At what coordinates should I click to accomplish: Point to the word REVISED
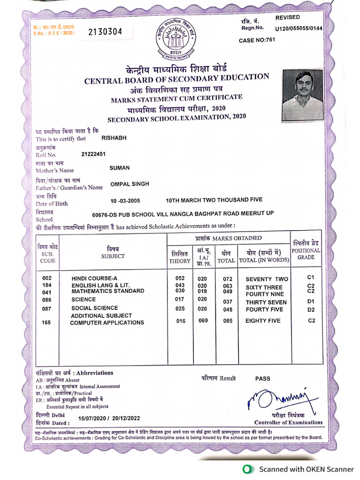pyautogui.click(x=287, y=17)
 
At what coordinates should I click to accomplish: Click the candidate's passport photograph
pyautogui.click(x=303, y=95)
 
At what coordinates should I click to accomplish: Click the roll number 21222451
pyautogui.click(x=94, y=154)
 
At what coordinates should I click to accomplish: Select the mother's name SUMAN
pyautogui.click(x=120, y=168)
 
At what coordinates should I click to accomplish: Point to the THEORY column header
pyautogui.click(x=180, y=261)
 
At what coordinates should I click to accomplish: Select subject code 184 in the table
pyautogui.click(x=46, y=285)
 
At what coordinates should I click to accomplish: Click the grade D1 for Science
pyautogui.click(x=311, y=301)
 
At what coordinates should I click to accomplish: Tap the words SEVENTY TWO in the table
pyautogui.click(x=267, y=279)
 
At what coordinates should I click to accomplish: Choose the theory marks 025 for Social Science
pyautogui.click(x=180, y=308)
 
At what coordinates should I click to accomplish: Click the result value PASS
pyautogui.click(x=262, y=378)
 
